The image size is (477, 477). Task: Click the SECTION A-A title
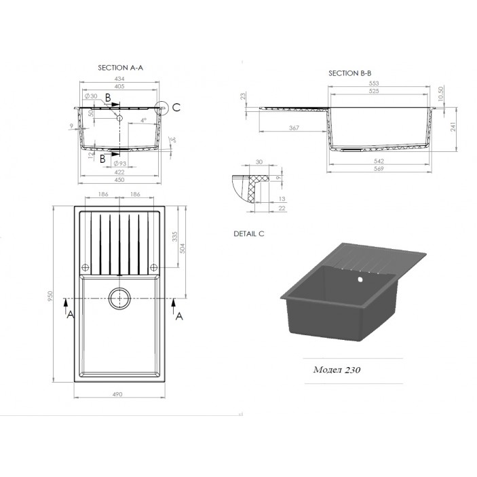(x=120, y=68)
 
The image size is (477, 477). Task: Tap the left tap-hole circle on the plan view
(x=85, y=265)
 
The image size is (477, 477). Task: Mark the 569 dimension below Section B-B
(x=379, y=168)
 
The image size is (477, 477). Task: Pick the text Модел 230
(x=337, y=370)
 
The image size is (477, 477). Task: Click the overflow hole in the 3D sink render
(x=359, y=277)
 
